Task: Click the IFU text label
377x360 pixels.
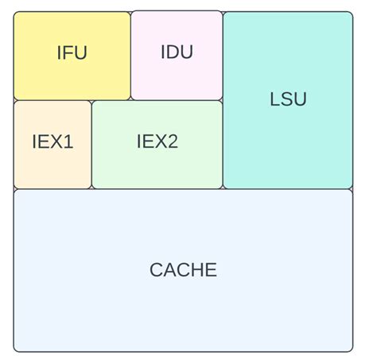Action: coord(72,53)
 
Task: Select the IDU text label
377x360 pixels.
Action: coord(177,52)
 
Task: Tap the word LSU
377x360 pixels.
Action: coord(288,99)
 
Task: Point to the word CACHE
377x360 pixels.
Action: coord(183,270)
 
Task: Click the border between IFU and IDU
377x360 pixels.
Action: coord(130,56)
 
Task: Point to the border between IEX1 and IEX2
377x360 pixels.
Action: coord(92,145)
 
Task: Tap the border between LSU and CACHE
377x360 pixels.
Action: coord(288,189)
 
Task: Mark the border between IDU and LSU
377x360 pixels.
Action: coord(223,56)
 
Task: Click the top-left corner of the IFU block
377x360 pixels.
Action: coord(15,13)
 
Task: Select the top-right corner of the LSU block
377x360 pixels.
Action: coord(351,13)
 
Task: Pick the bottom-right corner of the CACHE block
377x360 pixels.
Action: coord(351,350)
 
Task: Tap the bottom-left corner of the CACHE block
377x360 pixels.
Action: coord(15,350)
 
